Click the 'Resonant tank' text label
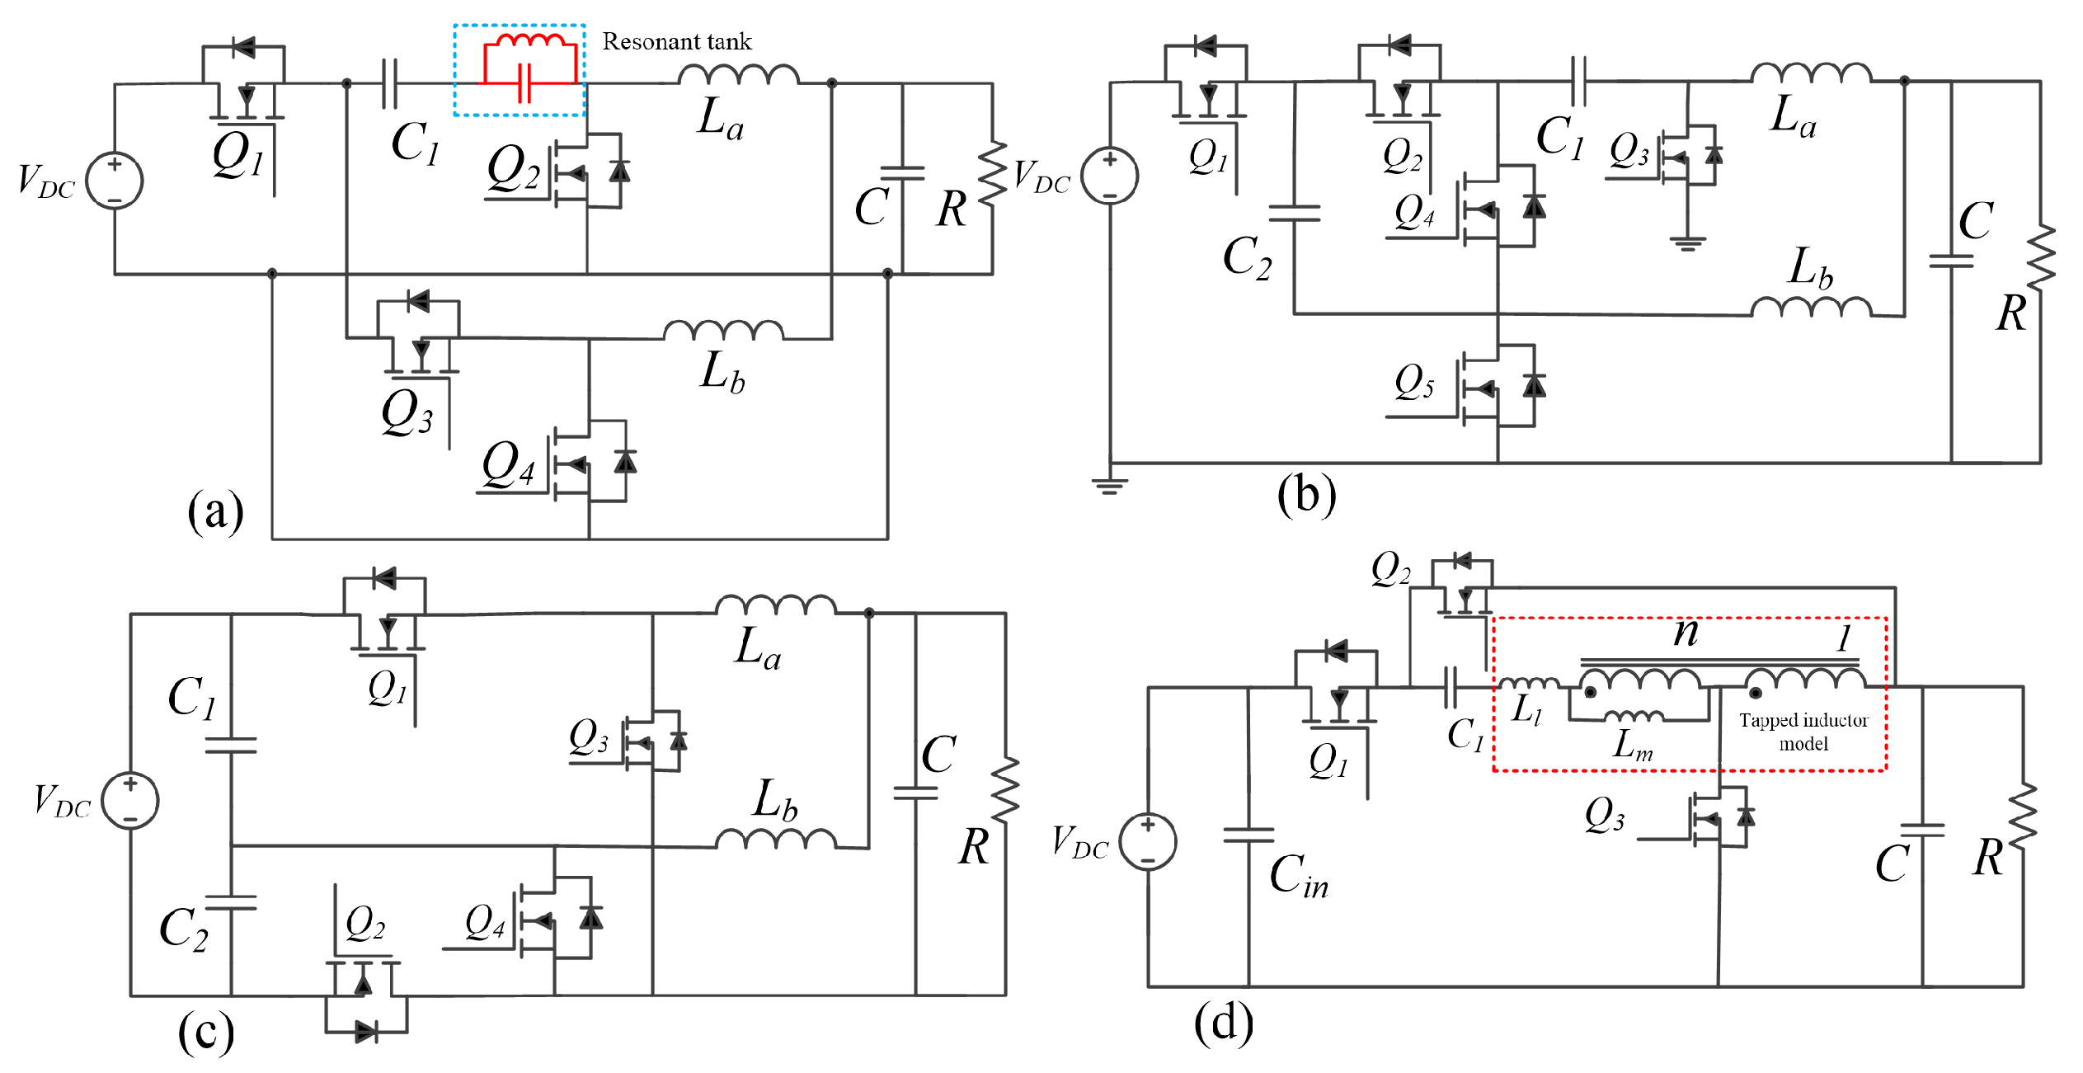[x=676, y=41]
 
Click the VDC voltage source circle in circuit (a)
[x=115, y=181]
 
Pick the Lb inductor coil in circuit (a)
[x=723, y=331]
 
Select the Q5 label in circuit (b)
[x=1414, y=382]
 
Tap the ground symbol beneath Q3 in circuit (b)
[x=1687, y=243]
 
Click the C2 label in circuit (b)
[x=1247, y=257]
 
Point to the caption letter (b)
[x=1306, y=496]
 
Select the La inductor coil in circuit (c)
[x=775, y=606]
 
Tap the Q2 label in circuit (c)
[x=364, y=922]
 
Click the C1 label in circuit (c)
[x=192, y=697]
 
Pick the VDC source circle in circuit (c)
[x=130, y=800]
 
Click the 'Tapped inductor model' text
[x=1803, y=732]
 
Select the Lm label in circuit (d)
[x=1633, y=745]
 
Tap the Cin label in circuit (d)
[x=1299, y=875]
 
